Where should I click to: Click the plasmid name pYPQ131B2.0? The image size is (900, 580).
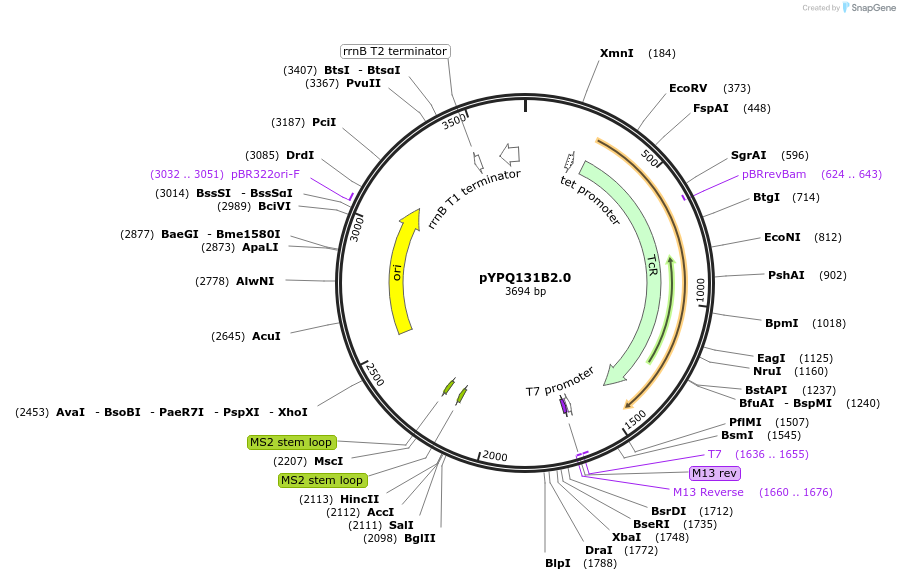pos(525,278)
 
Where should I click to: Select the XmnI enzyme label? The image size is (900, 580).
pos(616,52)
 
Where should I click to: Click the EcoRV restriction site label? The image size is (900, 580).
pos(688,88)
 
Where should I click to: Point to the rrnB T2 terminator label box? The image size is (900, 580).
pos(394,51)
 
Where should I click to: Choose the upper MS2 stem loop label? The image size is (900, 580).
pos(291,442)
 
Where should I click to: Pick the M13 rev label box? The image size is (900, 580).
pos(715,473)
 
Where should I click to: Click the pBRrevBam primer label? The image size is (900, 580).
pos(774,174)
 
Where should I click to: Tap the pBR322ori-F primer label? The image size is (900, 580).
pos(265,174)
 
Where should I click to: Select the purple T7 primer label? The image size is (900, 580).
pos(715,454)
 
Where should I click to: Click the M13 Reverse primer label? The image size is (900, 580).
pos(708,492)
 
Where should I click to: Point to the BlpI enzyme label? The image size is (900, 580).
pos(558,563)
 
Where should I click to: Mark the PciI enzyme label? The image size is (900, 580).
pos(324,122)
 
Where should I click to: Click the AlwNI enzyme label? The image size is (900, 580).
pos(255,281)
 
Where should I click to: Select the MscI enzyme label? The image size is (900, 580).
pos(328,461)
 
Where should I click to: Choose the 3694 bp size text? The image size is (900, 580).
pos(525,292)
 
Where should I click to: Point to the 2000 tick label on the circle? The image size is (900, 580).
pos(495,456)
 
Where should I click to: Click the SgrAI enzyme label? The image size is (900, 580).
pos(748,155)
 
